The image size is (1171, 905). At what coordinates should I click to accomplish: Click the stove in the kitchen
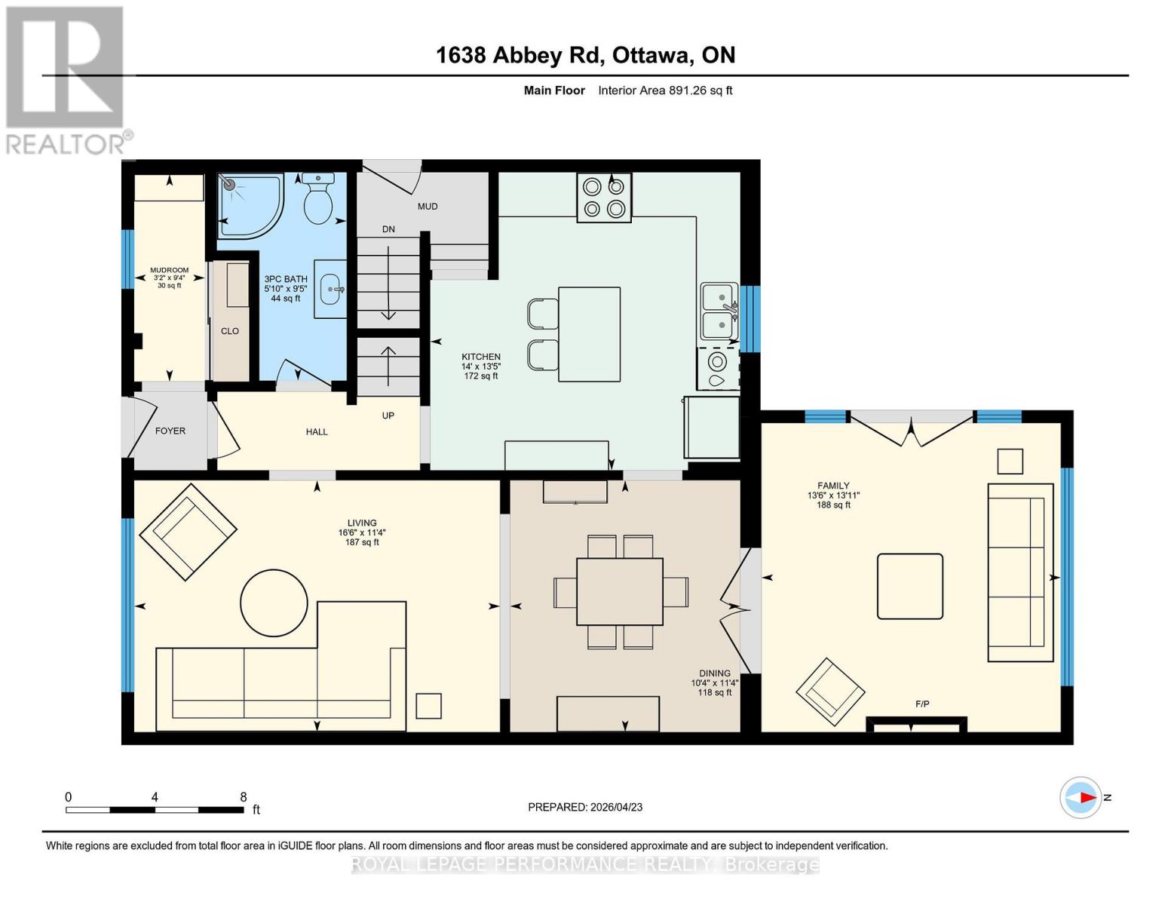click(x=604, y=198)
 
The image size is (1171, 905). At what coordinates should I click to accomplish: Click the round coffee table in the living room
click(x=274, y=603)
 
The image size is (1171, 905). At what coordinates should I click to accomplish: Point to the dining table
click(x=620, y=591)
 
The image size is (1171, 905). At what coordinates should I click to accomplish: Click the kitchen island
click(x=589, y=334)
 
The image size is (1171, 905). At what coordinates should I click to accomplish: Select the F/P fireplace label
click(x=922, y=704)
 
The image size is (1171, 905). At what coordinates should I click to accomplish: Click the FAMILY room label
click(x=833, y=486)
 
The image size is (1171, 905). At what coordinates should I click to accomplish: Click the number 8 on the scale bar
click(x=243, y=797)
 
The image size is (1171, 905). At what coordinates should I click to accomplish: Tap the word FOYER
click(x=170, y=431)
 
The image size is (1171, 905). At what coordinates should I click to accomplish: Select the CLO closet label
click(x=230, y=331)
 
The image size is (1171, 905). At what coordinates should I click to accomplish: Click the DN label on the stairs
click(x=388, y=229)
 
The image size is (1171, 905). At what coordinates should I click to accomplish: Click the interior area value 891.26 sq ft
click(x=700, y=90)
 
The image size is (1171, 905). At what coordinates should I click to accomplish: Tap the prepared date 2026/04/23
click(x=616, y=807)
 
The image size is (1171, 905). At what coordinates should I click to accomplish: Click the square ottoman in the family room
click(x=910, y=586)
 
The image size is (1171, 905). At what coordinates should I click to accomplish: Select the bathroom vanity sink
click(x=330, y=288)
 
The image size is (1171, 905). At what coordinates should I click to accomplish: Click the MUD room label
click(x=428, y=207)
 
